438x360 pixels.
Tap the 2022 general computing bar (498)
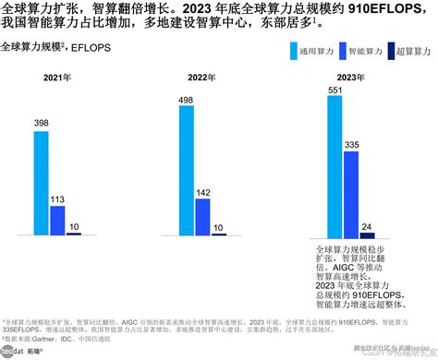pyautogui.click(x=187, y=170)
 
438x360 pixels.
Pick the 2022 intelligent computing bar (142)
pyautogui.click(x=202, y=216)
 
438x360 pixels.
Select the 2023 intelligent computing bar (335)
pyautogui.click(x=351, y=195)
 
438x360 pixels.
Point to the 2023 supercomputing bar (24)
pyautogui.click(x=367, y=235)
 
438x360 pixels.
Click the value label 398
pyautogui.click(x=41, y=123)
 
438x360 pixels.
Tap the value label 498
pyautogui.click(x=186, y=99)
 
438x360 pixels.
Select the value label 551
pyautogui.click(x=335, y=90)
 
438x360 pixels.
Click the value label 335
pyautogui.click(x=351, y=144)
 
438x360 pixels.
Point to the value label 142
pyautogui.click(x=202, y=192)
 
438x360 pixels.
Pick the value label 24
pyautogui.click(x=367, y=225)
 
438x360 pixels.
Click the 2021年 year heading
pyautogui.click(x=58, y=78)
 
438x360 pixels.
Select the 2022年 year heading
pyautogui.click(x=202, y=78)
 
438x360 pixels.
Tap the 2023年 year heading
pyautogui.click(x=352, y=78)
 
